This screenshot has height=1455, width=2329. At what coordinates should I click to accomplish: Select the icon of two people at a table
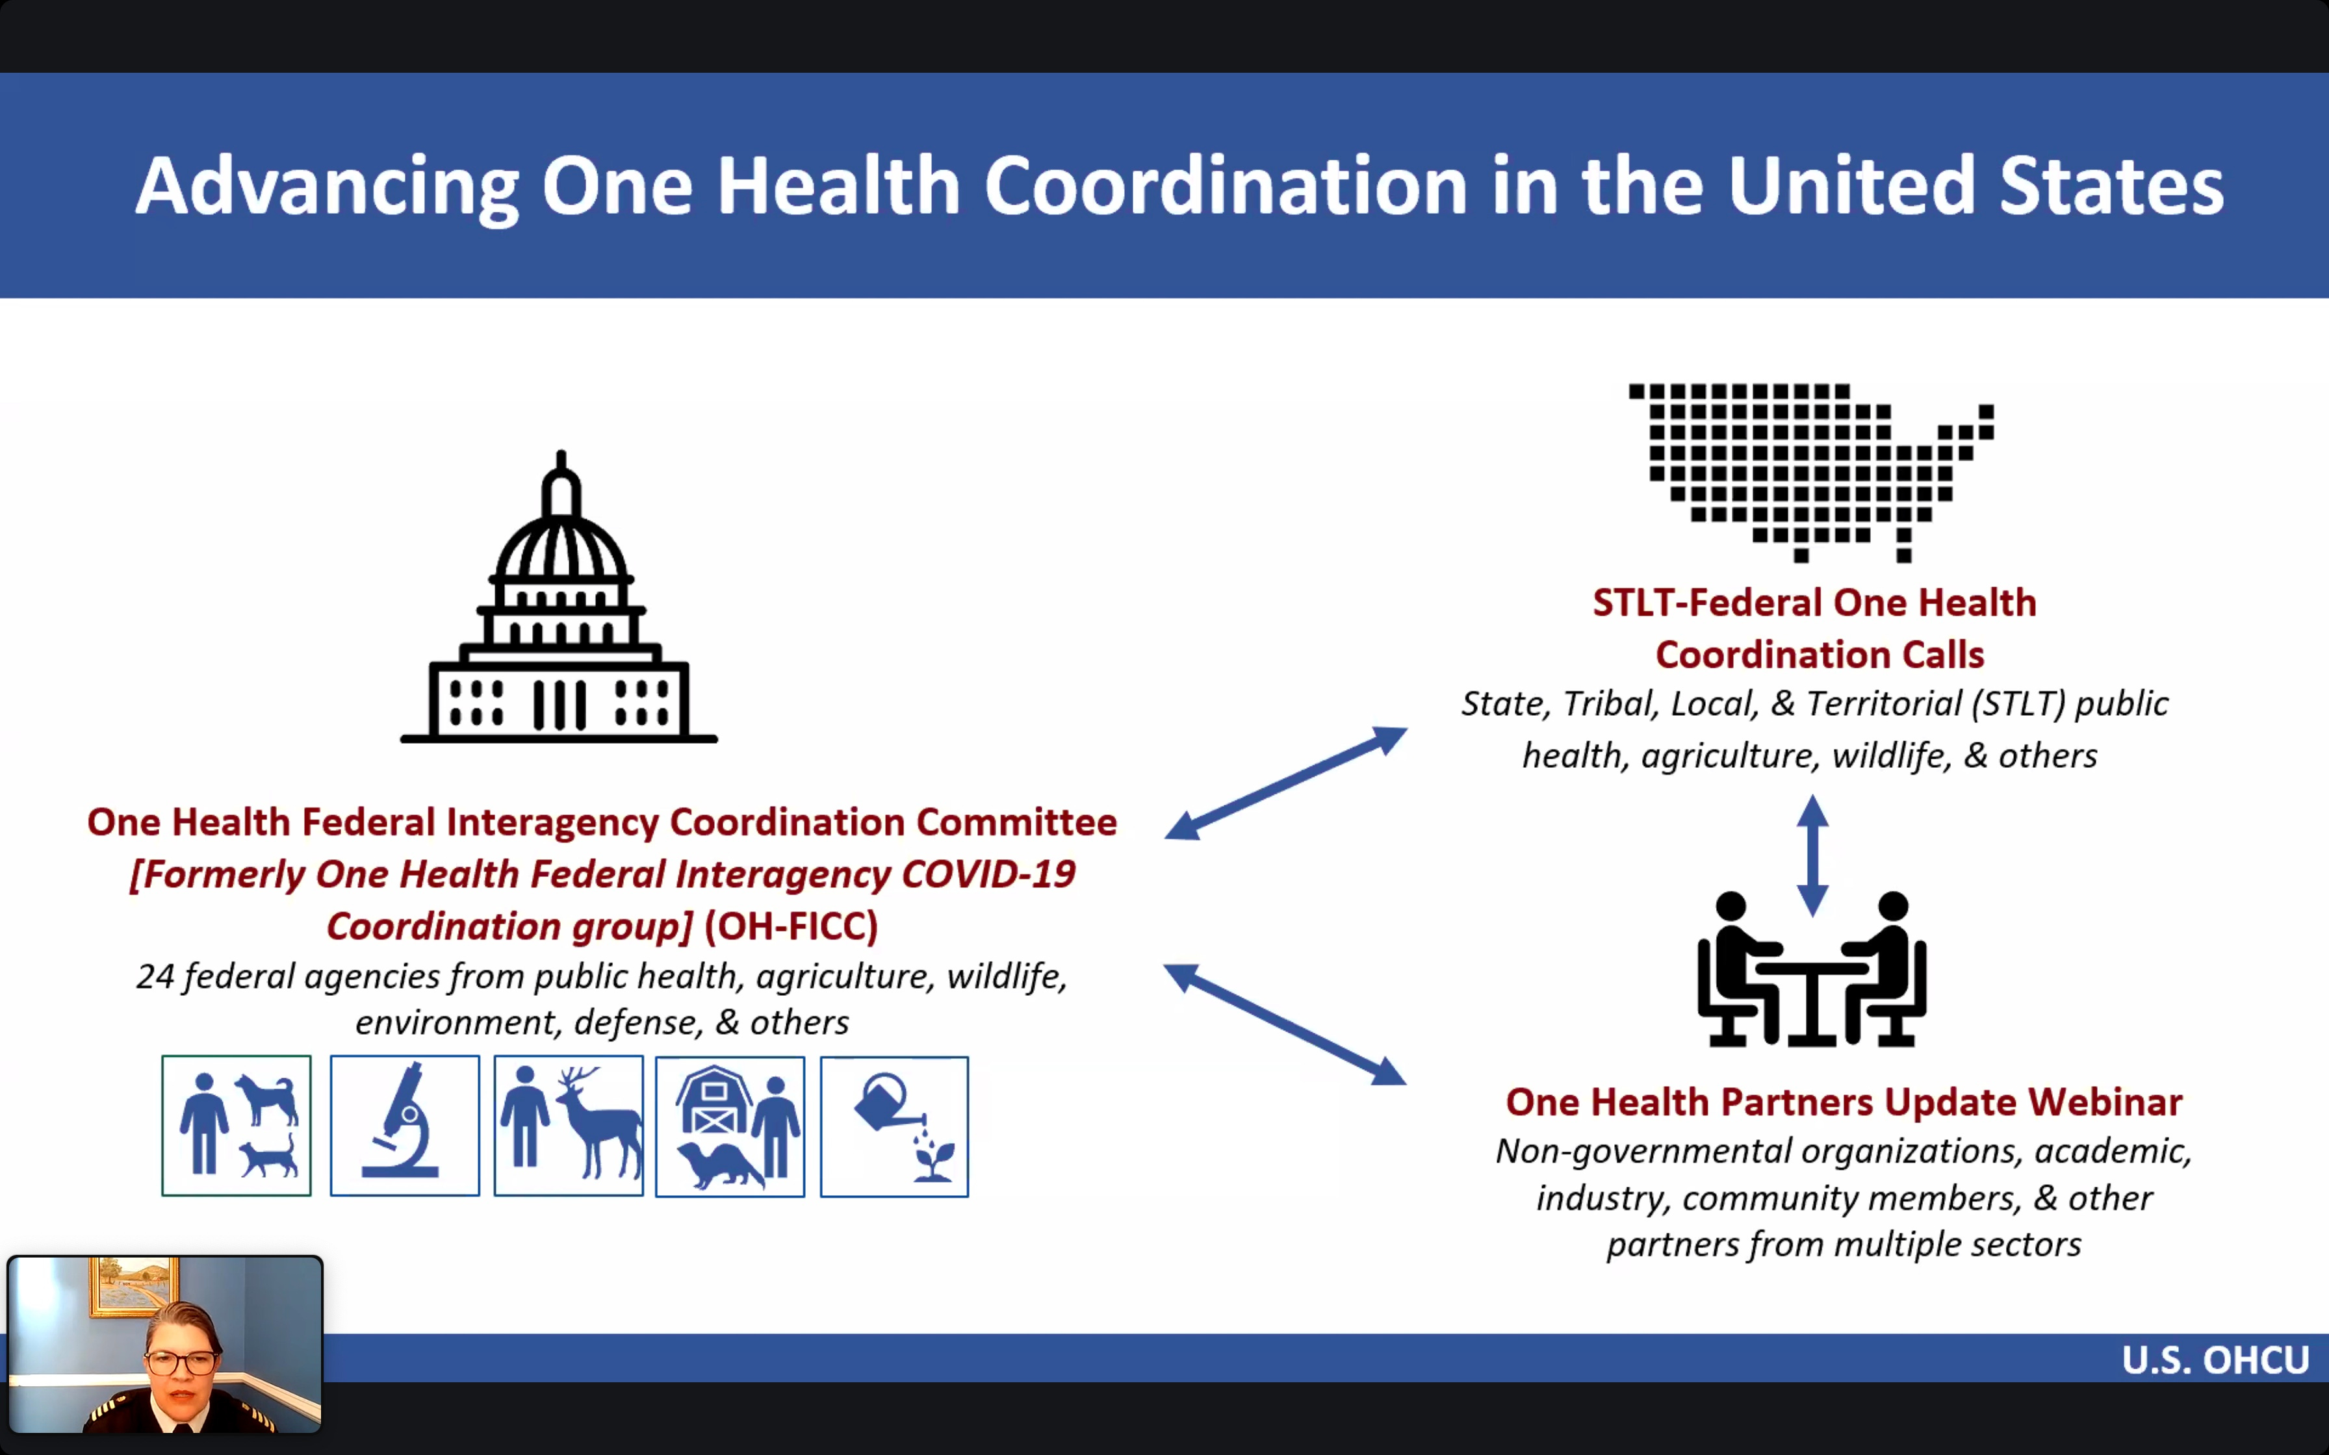click(x=1811, y=972)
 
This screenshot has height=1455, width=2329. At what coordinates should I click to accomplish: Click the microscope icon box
click(x=404, y=1126)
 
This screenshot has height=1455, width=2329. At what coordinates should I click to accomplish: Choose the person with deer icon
click(x=568, y=1126)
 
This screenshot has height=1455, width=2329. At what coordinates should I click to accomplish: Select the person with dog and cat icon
click(x=237, y=1126)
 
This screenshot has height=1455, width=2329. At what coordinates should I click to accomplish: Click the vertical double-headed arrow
click(x=1812, y=855)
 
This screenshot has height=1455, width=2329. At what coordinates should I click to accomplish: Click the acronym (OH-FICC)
click(x=791, y=926)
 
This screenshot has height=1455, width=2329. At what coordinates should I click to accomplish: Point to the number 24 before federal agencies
click(x=155, y=977)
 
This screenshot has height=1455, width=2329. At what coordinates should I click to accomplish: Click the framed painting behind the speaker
click(x=135, y=1285)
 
